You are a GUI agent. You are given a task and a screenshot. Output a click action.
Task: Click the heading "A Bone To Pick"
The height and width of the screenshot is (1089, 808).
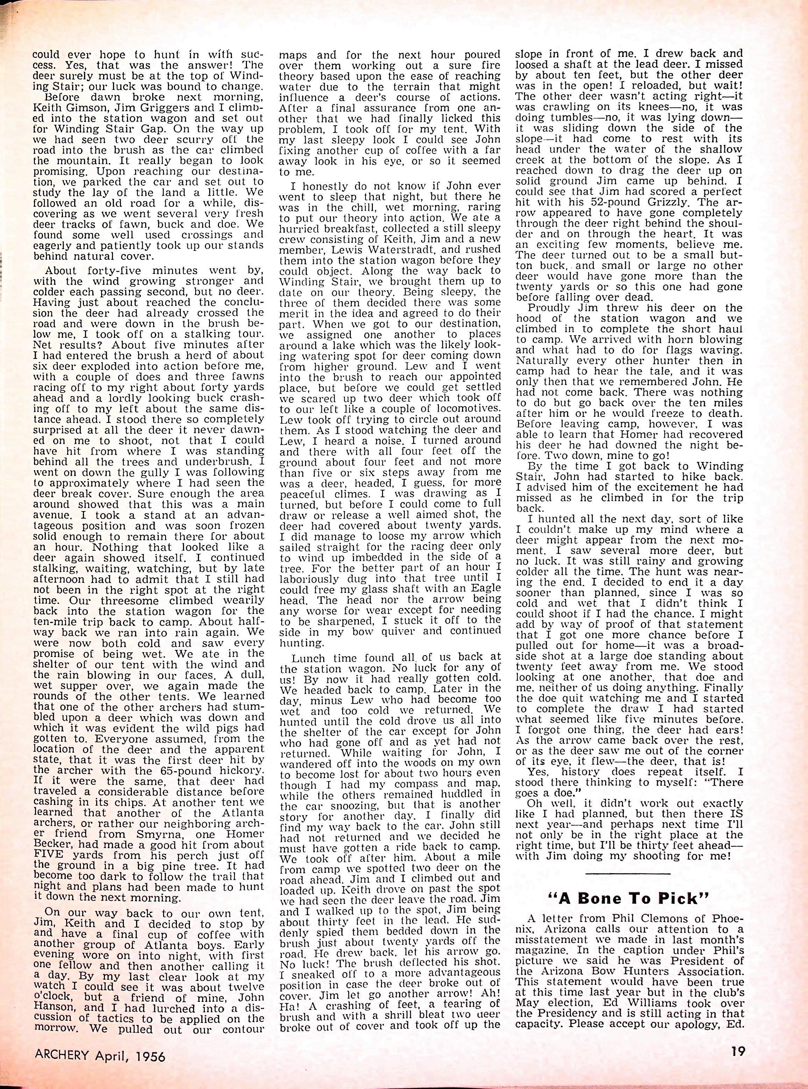[x=628, y=899]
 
